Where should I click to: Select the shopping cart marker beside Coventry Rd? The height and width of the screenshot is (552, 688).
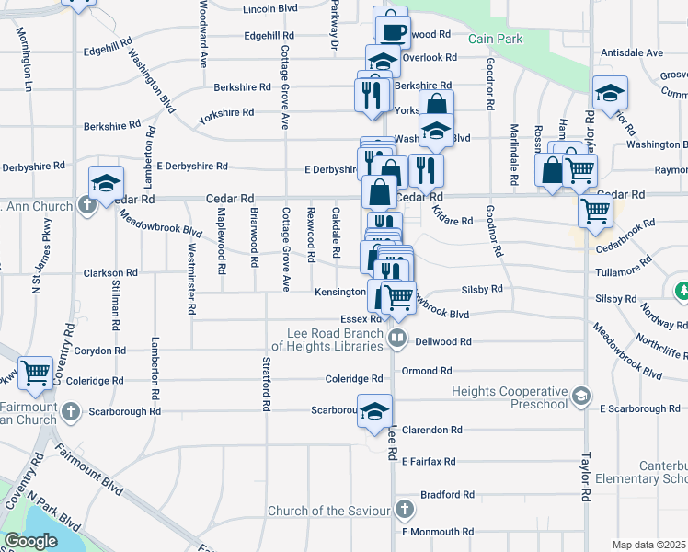pos(35,374)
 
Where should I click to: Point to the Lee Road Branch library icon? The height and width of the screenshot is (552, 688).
pos(397,338)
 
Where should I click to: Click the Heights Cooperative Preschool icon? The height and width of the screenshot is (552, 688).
pos(580,396)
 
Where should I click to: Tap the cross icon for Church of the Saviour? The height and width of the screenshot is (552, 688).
pos(404,510)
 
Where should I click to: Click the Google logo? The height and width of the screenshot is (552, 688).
pos(30,541)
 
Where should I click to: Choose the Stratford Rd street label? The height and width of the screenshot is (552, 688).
pos(266,384)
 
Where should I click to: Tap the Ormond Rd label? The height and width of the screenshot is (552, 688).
pos(427,371)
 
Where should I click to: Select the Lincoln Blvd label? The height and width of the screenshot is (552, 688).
pos(270,9)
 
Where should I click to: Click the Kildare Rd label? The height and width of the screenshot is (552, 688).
pos(452,221)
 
